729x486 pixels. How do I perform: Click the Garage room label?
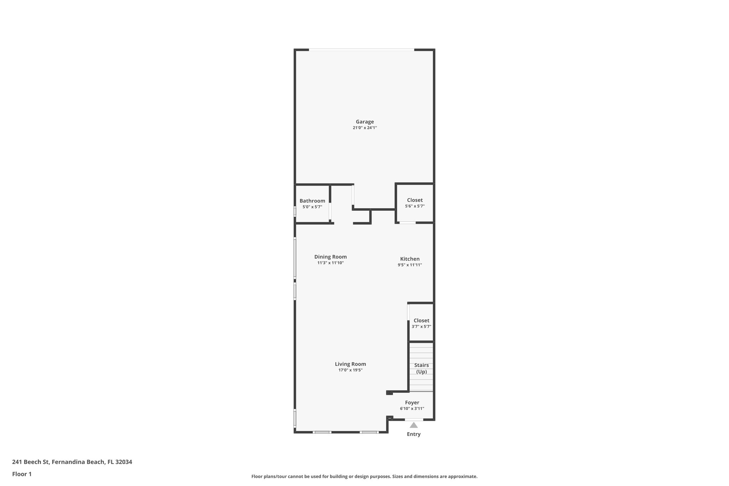point(364,122)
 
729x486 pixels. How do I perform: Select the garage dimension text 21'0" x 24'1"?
point(364,128)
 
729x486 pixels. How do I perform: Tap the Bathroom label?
point(312,201)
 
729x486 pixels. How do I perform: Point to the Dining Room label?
point(330,257)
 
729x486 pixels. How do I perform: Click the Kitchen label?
point(410,259)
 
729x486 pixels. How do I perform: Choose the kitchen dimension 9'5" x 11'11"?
point(410,265)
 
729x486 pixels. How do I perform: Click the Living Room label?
point(350,364)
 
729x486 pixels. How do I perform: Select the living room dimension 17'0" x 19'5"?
point(350,370)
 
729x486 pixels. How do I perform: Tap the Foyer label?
point(412,403)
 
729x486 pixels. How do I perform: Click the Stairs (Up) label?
point(421,369)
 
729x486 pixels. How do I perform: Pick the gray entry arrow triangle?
point(414,425)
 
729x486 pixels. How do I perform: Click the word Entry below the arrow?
point(414,434)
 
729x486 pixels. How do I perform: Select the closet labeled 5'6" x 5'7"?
point(415,203)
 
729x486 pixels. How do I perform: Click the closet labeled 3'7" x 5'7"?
point(421,323)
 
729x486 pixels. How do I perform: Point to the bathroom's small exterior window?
point(295,211)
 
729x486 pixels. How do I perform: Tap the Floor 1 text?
point(22,474)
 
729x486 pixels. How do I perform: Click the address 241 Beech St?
point(72,462)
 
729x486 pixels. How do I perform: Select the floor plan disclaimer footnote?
point(364,476)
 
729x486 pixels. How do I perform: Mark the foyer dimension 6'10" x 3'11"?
point(412,409)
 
